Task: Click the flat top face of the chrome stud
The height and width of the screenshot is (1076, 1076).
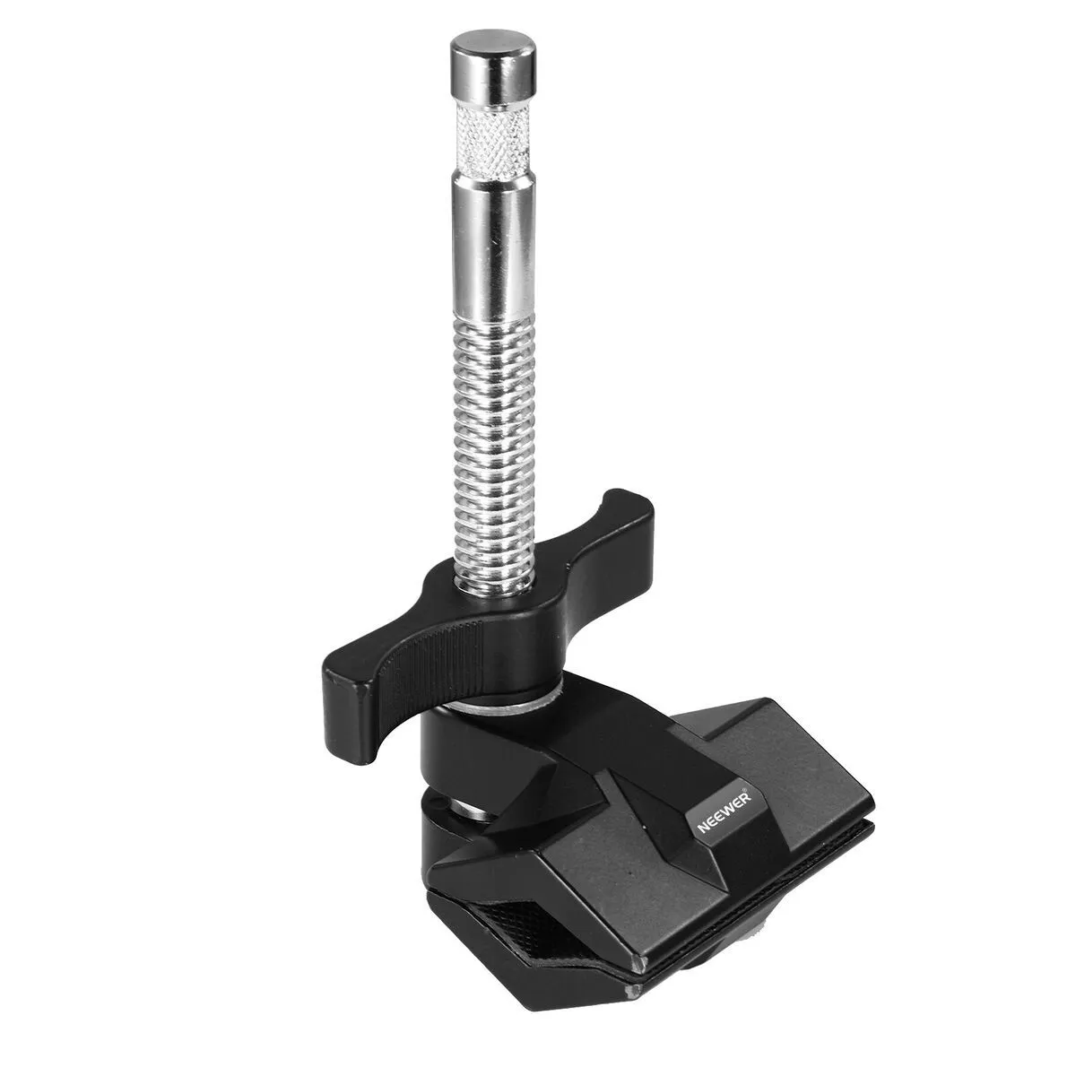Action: point(493,44)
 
